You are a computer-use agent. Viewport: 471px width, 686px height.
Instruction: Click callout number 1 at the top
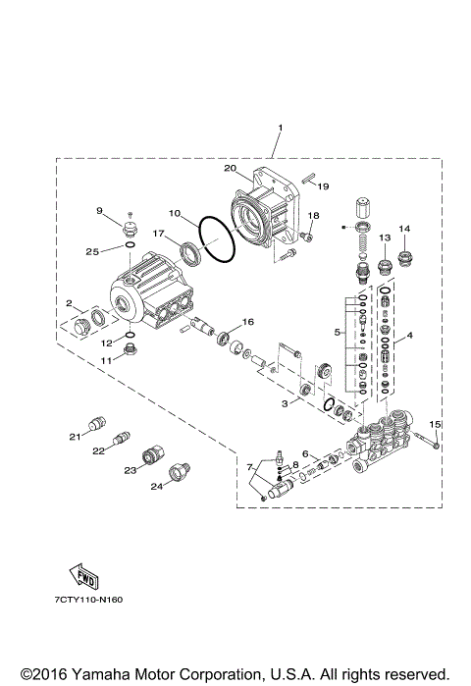(280, 129)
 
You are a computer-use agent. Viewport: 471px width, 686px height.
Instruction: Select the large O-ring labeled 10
(218, 240)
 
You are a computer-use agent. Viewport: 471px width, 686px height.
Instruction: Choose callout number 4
(409, 335)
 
